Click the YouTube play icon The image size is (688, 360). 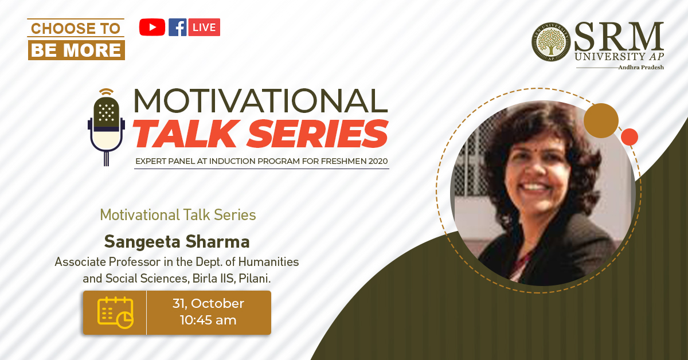[x=152, y=27]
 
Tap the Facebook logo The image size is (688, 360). [x=178, y=27]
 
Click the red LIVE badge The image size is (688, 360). [x=204, y=27]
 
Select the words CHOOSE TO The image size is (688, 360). [x=76, y=29]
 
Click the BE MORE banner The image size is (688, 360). [x=76, y=50]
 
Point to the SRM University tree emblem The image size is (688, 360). [x=551, y=41]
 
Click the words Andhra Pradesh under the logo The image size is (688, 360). [x=641, y=67]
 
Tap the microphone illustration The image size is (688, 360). [x=106, y=127]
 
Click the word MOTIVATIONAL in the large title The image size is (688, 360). [x=261, y=101]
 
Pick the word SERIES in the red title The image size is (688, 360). [x=318, y=134]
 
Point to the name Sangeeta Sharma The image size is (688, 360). [x=177, y=242]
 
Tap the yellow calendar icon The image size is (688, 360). [x=115, y=312]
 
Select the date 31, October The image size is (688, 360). [x=208, y=303]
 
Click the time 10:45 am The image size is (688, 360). [x=208, y=320]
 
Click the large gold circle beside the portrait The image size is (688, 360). [x=601, y=121]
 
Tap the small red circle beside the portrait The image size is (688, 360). [x=630, y=137]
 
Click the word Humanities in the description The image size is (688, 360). [x=268, y=262]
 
